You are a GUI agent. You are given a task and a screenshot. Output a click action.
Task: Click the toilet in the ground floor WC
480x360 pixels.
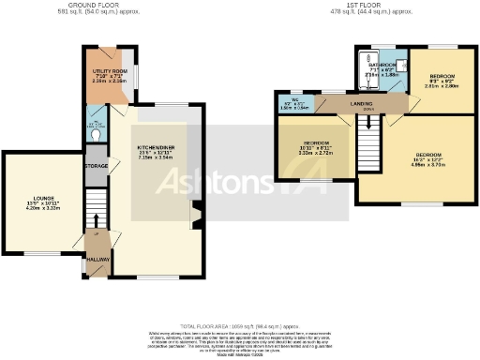point(97,134)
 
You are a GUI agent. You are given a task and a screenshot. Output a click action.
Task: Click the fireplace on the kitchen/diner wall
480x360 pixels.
point(196,215)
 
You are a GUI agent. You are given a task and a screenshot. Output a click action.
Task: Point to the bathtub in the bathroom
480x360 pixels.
point(364,70)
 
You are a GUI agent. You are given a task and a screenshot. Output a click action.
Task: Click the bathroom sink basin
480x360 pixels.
point(400,66)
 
